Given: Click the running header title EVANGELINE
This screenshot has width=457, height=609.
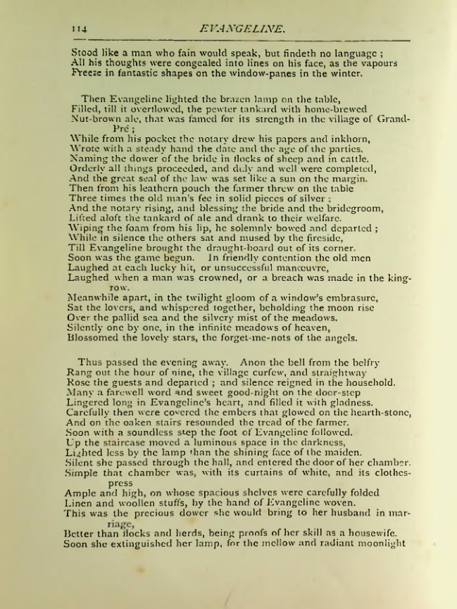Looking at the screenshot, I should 242,30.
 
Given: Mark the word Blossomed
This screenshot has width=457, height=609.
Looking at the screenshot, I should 97,337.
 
